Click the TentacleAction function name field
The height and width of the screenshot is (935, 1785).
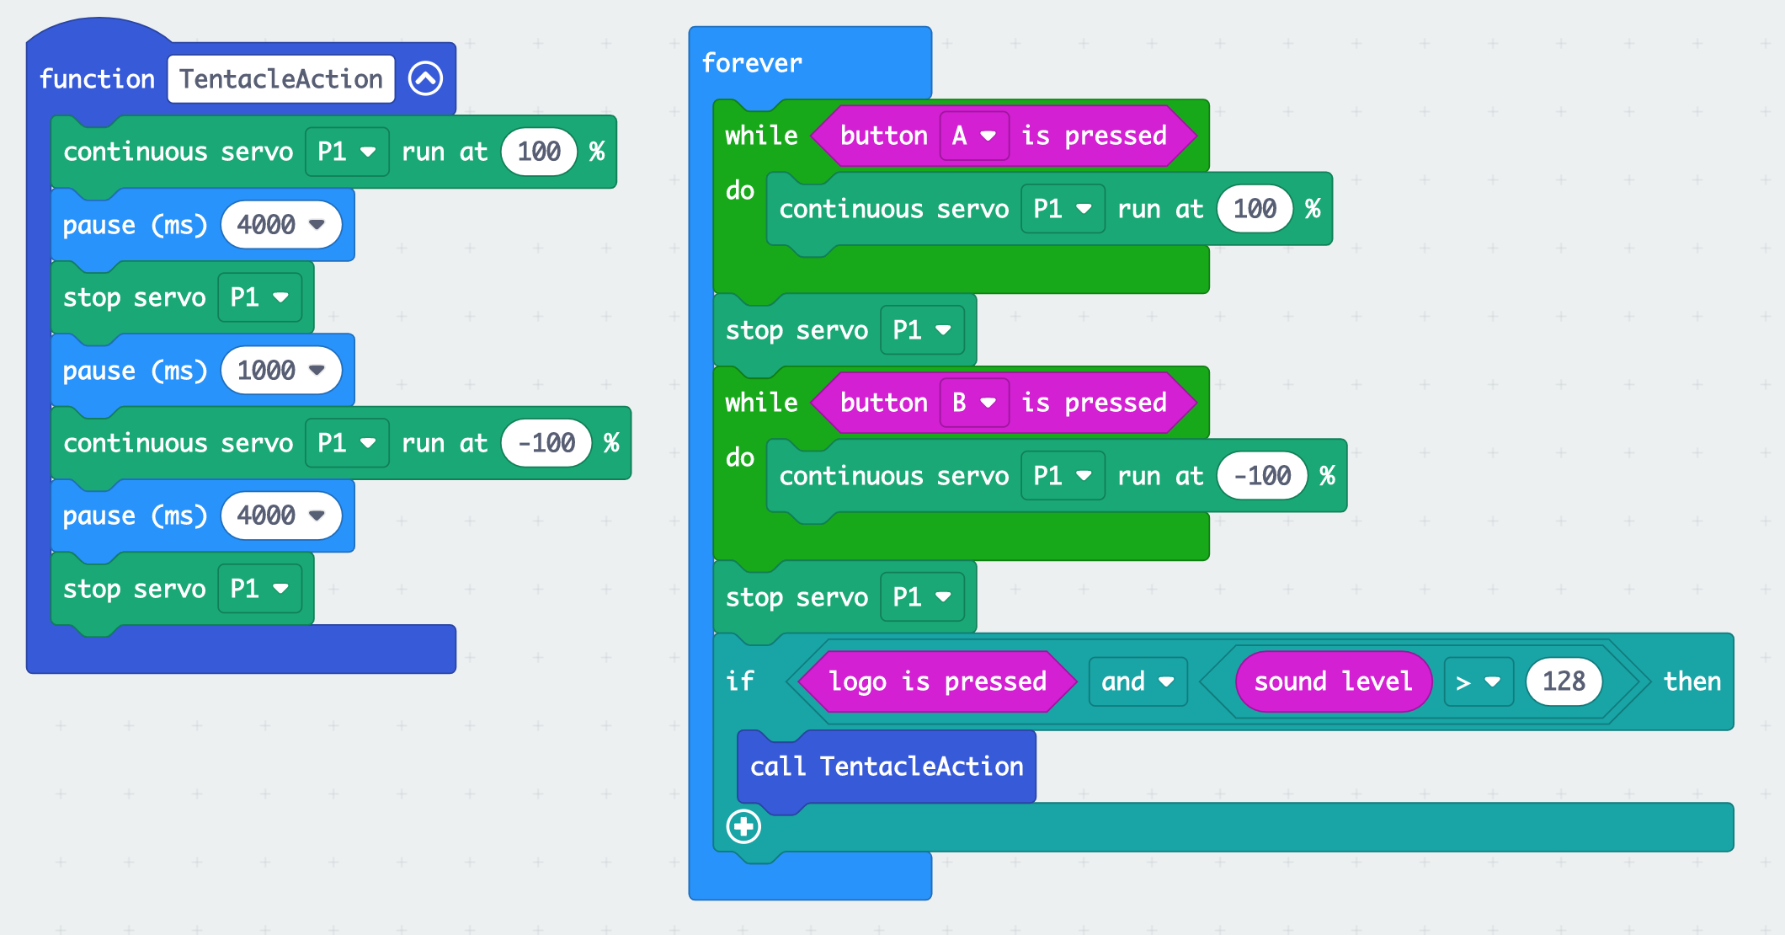point(280,79)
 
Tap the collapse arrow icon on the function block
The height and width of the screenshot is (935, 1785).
point(425,79)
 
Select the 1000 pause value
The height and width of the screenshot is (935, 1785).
point(266,371)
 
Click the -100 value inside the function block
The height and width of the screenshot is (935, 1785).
point(546,443)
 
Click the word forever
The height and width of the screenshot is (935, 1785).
point(751,63)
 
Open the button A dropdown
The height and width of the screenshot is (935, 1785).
point(973,136)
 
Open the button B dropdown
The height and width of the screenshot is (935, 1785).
point(973,403)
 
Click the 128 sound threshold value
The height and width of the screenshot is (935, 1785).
point(1563,681)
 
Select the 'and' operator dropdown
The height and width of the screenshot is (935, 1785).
point(1137,681)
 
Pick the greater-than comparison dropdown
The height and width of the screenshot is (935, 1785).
point(1478,681)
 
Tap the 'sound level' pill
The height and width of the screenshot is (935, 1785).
point(1332,681)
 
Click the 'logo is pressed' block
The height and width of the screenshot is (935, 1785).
point(936,681)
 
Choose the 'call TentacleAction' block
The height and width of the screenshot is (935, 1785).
point(886,767)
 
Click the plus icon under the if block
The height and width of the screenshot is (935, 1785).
point(743,826)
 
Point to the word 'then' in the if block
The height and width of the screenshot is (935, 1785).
point(1692,681)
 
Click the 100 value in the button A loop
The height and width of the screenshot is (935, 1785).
point(1254,209)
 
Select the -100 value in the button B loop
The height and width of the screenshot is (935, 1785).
point(1261,476)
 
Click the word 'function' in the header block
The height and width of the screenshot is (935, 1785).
point(97,79)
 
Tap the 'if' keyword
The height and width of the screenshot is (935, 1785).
point(739,681)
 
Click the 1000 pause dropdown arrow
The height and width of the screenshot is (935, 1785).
point(317,371)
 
